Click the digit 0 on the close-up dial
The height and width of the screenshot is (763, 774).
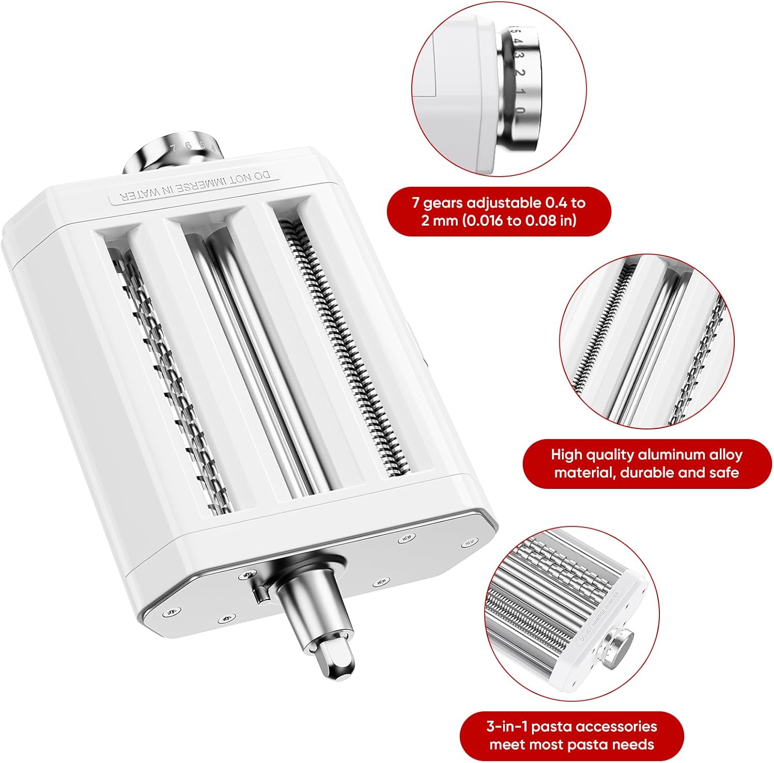[520, 110]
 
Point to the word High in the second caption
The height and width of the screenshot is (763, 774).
[566, 455]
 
